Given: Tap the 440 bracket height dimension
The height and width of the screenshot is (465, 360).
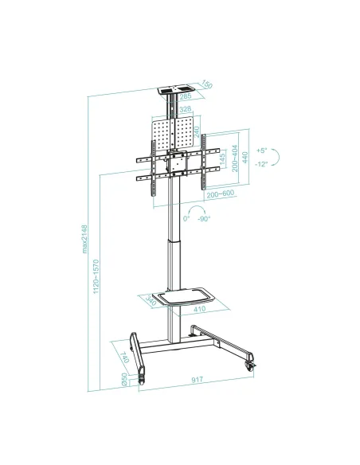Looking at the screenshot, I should [x=246, y=158].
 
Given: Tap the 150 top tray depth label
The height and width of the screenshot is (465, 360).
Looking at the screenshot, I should [x=206, y=85].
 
